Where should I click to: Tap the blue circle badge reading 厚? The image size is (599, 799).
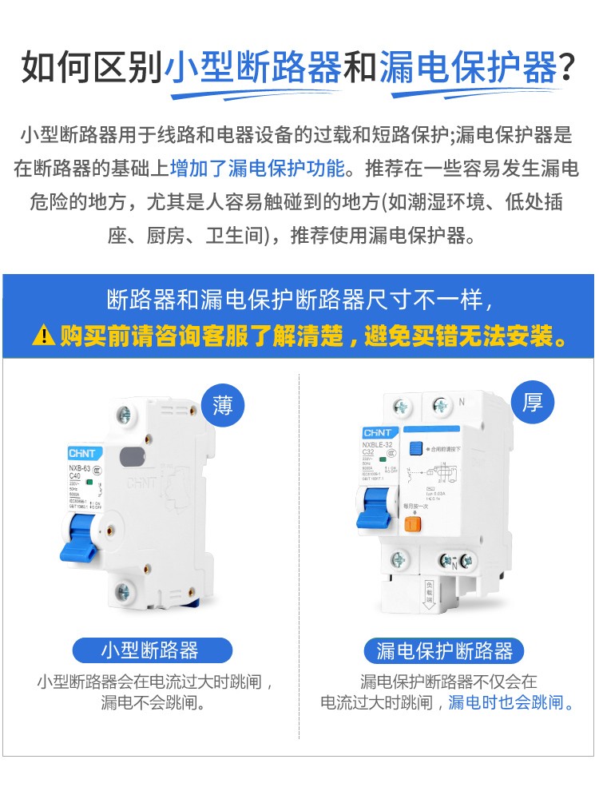pos(533,402)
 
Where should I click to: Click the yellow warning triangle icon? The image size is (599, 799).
pos(44,335)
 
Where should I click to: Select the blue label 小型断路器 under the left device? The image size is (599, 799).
pos(150,650)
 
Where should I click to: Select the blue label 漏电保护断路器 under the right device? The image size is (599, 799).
pos(445,650)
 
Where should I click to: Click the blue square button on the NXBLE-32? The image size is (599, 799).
pos(415,449)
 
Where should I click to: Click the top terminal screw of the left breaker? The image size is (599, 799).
pos(123,415)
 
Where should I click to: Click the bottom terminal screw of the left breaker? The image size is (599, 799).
pos(123,592)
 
